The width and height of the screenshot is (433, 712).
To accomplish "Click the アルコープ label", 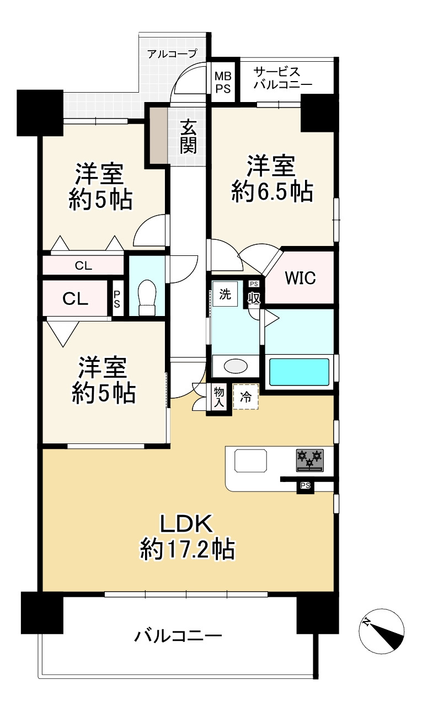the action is (172, 53).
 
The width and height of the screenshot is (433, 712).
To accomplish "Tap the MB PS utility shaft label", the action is (223, 82).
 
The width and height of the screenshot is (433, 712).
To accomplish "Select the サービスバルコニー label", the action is (282, 78).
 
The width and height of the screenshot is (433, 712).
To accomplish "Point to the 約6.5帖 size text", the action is (272, 192).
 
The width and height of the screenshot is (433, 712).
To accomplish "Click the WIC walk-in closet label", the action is (300, 277).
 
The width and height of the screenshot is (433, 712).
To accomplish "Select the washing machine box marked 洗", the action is (225, 294).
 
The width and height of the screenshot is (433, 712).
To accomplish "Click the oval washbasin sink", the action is (236, 366).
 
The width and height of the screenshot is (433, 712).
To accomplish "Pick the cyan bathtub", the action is (299, 372).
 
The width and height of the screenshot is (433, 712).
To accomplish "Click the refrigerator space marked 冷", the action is (245, 397).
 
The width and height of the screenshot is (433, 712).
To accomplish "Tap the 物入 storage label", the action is (219, 397).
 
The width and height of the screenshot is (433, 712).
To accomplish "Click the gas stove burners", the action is (309, 461).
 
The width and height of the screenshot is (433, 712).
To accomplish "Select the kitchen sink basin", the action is (250, 461).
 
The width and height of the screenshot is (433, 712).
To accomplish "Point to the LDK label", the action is (186, 524).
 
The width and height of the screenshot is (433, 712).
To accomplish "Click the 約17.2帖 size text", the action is (188, 549).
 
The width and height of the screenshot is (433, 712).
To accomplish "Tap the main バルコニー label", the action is (178, 636).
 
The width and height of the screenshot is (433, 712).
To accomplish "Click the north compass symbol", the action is (382, 631).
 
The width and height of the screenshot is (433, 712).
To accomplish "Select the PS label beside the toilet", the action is (117, 299).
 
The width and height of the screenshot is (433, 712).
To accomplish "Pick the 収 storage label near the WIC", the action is (254, 298).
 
